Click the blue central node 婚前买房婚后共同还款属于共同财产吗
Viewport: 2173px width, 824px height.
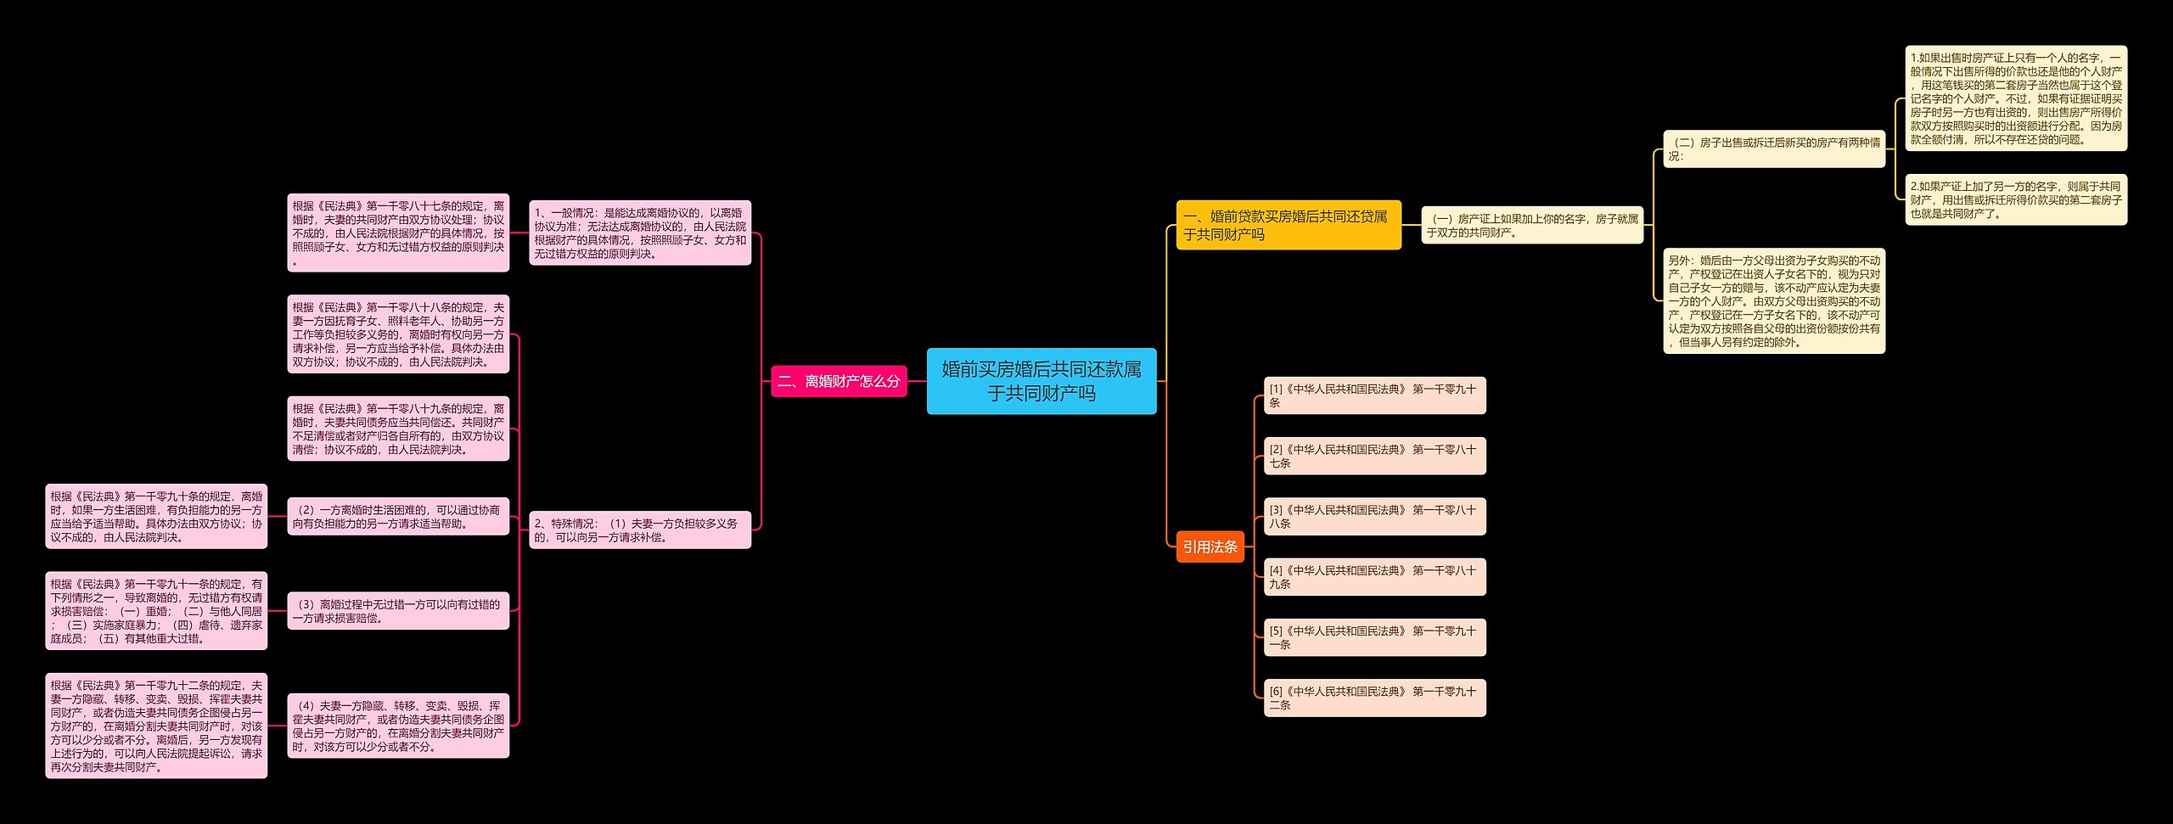click(1041, 381)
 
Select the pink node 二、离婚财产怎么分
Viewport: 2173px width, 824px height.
click(839, 382)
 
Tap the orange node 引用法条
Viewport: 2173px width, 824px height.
click(1210, 547)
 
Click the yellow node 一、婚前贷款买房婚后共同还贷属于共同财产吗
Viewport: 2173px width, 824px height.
click(1288, 225)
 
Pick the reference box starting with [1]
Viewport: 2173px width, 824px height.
click(1374, 395)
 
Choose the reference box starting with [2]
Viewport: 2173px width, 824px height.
click(1374, 456)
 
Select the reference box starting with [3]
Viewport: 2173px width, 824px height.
click(1374, 516)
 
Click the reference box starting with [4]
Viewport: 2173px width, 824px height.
click(1374, 577)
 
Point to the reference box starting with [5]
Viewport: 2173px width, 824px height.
click(1374, 637)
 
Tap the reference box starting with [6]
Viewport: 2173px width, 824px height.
click(1374, 698)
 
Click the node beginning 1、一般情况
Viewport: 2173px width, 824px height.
click(640, 233)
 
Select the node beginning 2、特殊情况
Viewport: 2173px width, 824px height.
click(640, 530)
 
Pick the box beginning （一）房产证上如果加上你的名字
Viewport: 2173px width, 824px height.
click(1532, 226)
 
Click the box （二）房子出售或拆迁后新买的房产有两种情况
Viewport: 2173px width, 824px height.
click(1774, 149)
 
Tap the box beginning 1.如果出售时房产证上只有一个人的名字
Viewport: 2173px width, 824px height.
click(2016, 98)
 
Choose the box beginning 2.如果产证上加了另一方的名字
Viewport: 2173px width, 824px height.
click(2016, 199)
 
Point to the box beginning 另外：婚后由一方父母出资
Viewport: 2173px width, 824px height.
click(1774, 301)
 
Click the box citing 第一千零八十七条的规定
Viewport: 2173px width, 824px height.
click(398, 233)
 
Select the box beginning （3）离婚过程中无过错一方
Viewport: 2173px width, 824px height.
click(398, 611)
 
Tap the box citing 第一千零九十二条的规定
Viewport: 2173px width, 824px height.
click(156, 726)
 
